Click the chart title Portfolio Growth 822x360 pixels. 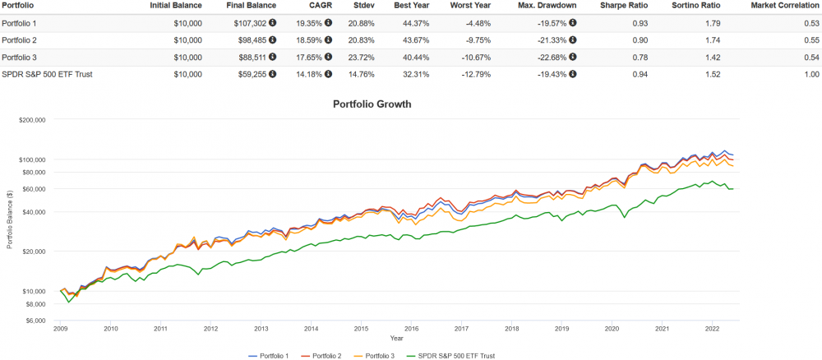click(372, 104)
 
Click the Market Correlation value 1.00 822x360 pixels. click(811, 75)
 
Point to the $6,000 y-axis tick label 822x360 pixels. click(35, 321)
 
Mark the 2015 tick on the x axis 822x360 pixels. click(361, 329)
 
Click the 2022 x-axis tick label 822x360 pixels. click(712, 329)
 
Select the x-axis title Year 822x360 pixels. click(396, 338)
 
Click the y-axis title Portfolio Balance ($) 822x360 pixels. click(10, 220)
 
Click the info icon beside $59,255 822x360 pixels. click(272, 75)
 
